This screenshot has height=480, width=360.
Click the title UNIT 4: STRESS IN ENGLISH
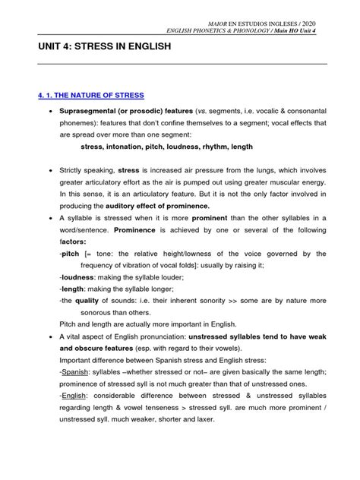click(x=104, y=46)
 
